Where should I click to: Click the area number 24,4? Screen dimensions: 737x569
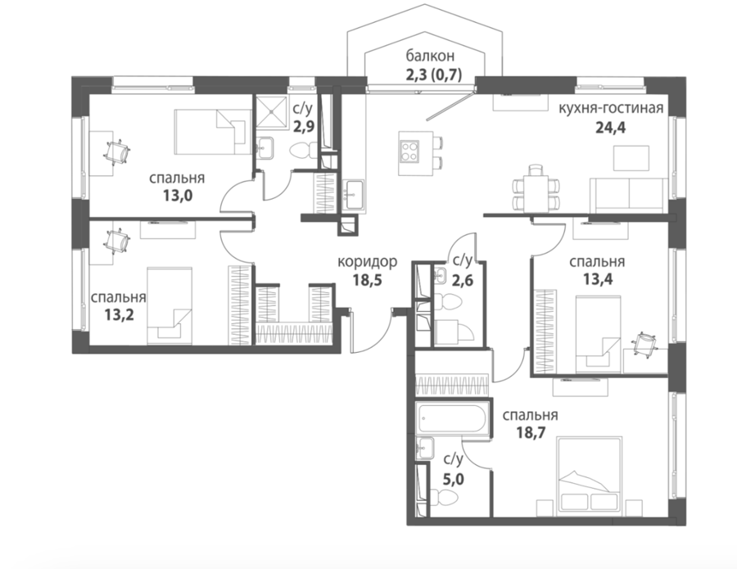pos(611,128)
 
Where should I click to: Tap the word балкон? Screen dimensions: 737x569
pos(430,56)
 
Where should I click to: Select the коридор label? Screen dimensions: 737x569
pos(368,261)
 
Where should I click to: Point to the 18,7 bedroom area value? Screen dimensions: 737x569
pos(531,432)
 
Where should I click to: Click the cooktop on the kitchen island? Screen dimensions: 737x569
pos(409,151)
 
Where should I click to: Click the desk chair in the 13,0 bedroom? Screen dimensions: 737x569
pos(116,151)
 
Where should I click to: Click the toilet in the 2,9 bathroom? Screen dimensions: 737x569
pos(301,151)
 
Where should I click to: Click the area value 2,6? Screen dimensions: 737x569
pos(463,281)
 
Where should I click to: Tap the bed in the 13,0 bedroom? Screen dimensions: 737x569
pos(212,132)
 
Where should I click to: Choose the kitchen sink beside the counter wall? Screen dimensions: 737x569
pos(354,195)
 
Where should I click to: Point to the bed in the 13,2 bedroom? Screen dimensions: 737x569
pos(170,306)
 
